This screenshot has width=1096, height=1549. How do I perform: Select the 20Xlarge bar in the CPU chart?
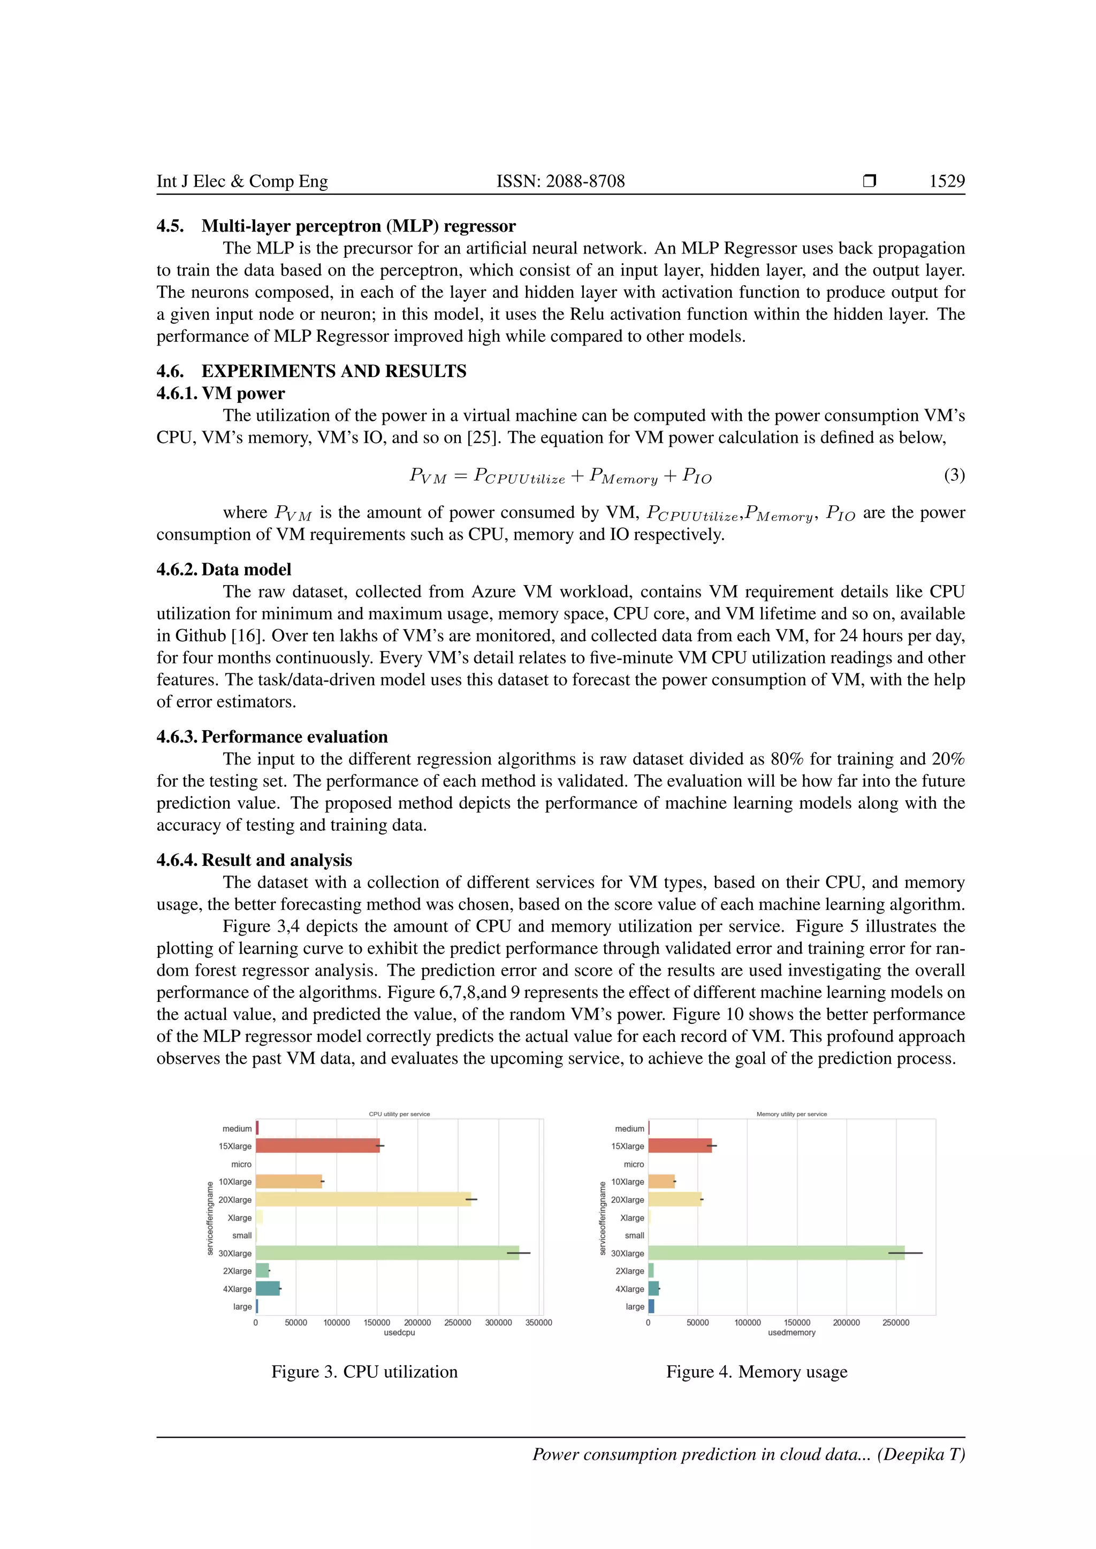(x=363, y=1200)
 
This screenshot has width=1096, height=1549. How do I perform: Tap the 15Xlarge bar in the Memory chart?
(x=680, y=1146)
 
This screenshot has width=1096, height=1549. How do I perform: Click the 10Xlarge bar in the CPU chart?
(x=289, y=1182)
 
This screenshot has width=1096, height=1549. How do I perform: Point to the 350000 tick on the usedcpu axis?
(x=538, y=1323)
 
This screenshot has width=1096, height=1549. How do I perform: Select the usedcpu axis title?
(x=400, y=1333)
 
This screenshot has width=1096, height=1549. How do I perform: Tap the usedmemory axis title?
(x=791, y=1333)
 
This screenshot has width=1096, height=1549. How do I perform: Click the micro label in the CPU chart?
(x=241, y=1164)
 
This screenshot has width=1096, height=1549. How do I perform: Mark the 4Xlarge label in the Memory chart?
(x=630, y=1289)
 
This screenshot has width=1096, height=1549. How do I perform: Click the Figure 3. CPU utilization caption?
(x=364, y=1372)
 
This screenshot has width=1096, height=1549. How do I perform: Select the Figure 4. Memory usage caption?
(x=757, y=1372)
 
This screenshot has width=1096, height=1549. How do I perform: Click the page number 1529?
(x=947, y=181)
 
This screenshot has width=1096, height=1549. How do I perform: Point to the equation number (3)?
(x=954, y=476)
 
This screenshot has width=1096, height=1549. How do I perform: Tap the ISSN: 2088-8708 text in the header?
(x=560, y=181)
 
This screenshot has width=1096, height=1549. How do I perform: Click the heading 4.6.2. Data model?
(x=224, y=570)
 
